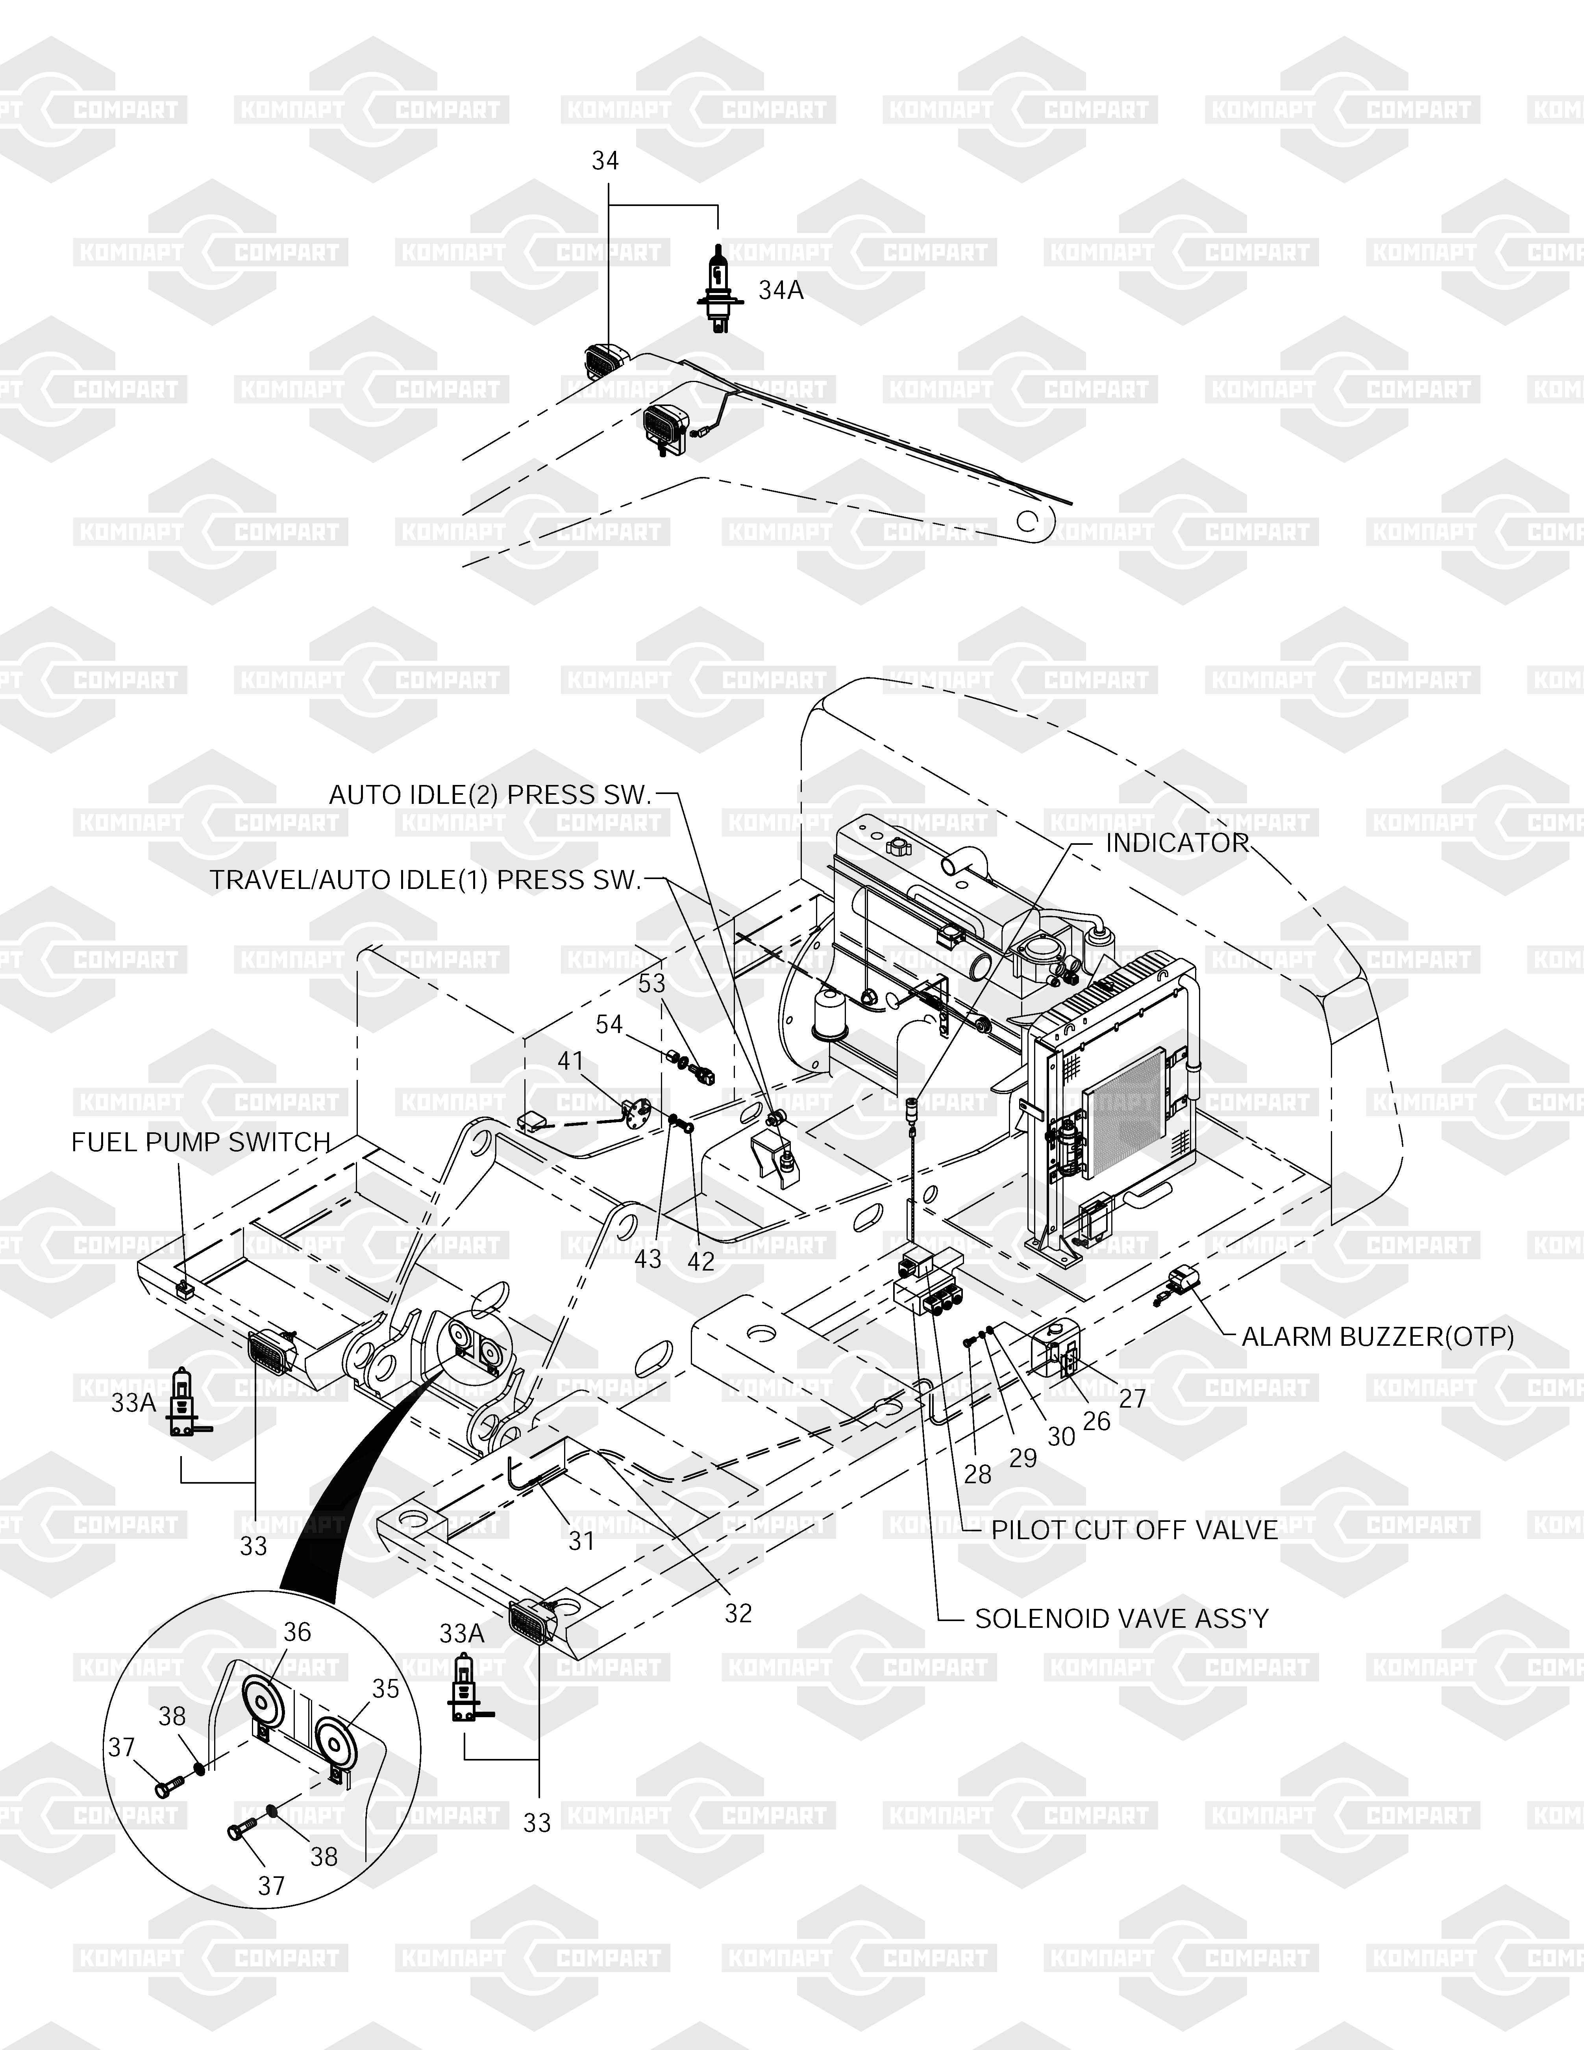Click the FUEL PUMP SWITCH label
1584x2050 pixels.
pos(201,1142)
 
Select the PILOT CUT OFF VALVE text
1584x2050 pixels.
pos(1134,1530)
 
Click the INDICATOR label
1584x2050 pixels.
pos(1177,843)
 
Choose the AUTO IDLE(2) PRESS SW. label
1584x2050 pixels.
pos(490,795)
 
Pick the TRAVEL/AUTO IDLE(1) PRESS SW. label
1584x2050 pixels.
pos(425,880)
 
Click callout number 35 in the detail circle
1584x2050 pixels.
pos(386,1688)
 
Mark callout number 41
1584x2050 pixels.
pos(570,1061)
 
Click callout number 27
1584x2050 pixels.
pos(1132,1399)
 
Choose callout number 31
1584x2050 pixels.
pos(582,1540)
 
